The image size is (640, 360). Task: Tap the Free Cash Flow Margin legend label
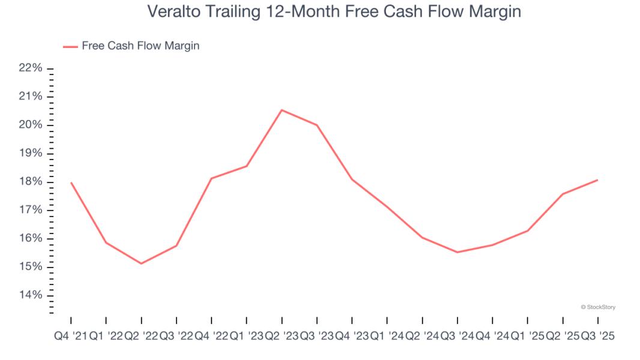pyautogui.click(x=140, y=46)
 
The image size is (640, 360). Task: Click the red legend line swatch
pyautogui.click(x=70, y=46)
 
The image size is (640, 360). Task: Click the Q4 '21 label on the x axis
pyautogui.click(x=70, y=337)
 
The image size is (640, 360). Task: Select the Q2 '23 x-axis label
pyautogui.click(x=282, y=337)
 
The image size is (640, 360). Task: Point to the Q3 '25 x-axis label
pyautogui.click(x=598, y=337)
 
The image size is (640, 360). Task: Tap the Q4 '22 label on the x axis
pyautogui.click(x=211, y=337)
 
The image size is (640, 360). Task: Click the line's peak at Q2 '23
pyautogui.click(x=282, y=110)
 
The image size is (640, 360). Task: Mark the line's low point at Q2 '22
pyautogui.click(x=141, y=263)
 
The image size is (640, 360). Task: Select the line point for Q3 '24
pyautogui.click(x=457, y=252)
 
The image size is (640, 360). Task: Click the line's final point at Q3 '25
pyautogui.click(x=598, y=180)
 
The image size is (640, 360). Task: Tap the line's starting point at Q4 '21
pyautogui.click(x=71, y=182)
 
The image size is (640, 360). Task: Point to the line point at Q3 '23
pyautogui.click(x=317, y=125)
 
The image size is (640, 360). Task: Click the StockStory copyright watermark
pyautogui.click(x=598, y=307)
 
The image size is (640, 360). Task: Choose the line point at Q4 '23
pyautogui.click(x=352, y=179)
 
